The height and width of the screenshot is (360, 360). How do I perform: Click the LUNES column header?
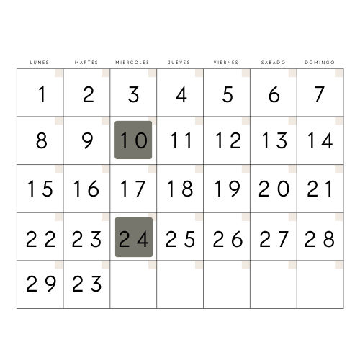[x=40, y=63]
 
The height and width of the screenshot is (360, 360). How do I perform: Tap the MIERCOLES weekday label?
[x=132, y=63]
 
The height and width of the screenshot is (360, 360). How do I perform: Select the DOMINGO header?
[x=320, y=63]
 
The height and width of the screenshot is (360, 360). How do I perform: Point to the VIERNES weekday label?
[x=226, y=63]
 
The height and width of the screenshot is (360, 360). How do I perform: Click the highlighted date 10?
[x=133, y=140]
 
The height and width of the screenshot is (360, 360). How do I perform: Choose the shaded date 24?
[x=134, y=237]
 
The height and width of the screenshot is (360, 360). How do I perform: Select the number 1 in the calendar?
[x=42, y=94]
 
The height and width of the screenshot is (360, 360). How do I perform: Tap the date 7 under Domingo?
[x=320, y=94]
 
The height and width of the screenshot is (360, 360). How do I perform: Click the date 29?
[x=41, y=284]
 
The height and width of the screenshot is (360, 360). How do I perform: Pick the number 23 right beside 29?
[x=87, y=284]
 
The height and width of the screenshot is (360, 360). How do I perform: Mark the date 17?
[x=132, y=189]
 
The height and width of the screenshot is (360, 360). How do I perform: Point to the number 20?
[x=274, y=189]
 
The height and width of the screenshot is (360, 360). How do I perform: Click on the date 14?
[x=320, y=140]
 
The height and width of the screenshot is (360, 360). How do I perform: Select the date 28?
[x=320, y=239]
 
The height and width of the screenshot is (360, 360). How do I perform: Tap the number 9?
[x=87, y=140]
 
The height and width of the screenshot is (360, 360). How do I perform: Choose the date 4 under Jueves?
[x=181, y=94]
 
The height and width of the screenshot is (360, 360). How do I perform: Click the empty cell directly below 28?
[x=320, y=284]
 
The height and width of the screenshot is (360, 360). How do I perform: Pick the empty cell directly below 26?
[x=227, y=284]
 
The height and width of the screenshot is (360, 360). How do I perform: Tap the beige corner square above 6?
[x=292, y=73]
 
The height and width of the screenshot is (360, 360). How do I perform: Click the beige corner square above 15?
[x=59, y=169]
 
